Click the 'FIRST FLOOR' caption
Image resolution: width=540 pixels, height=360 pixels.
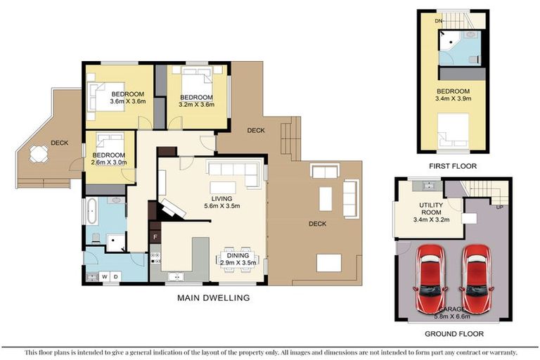point(453,166)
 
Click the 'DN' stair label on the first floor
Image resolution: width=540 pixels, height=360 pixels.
point(438,22)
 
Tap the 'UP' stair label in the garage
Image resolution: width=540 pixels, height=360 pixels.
point(500,208)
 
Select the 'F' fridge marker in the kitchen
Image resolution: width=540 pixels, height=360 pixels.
point(155,238)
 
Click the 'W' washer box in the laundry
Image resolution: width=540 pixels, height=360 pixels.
point(105,276)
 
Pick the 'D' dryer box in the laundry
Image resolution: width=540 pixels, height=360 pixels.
point(116,276)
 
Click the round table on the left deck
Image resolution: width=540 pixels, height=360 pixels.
point(39,153)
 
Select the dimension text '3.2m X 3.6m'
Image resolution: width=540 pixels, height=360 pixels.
point(196,105)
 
